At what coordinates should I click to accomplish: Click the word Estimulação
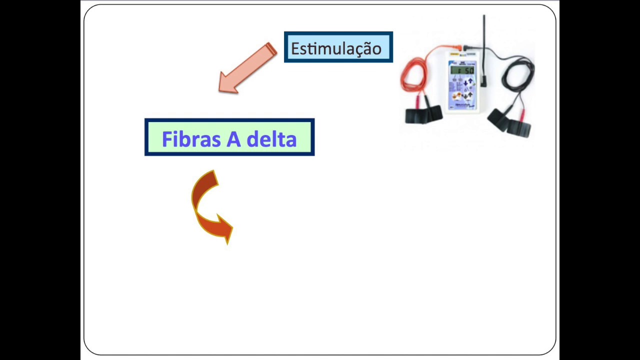coord(336,48)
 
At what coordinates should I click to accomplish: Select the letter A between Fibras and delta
coord(233,139)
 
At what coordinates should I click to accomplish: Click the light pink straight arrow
coord(247,68)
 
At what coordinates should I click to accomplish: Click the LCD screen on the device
coord(462,70)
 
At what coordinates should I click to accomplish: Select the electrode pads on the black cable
coord(510,121)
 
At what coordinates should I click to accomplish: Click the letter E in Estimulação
coord(295,49)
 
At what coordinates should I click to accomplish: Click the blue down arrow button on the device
coord(466,83)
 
